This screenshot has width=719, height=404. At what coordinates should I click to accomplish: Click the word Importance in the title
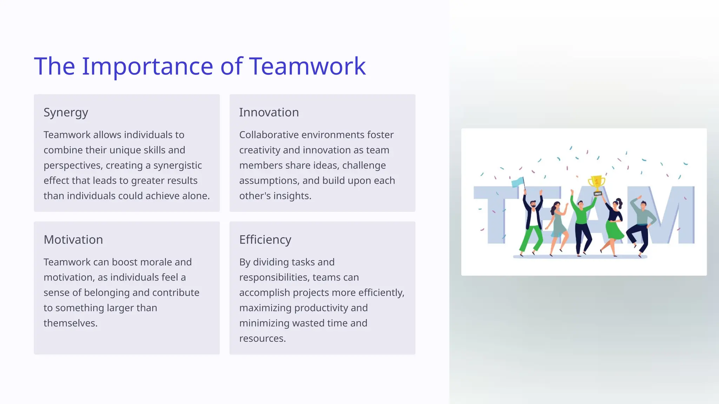tap(147, 66)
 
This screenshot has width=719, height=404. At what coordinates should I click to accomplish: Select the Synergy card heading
tap(66, 113)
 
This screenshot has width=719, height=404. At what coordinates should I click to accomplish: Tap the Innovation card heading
tap(269, 113)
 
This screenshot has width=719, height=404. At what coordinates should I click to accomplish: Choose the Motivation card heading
tap(73, 240)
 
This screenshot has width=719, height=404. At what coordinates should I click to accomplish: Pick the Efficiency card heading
tap(265, 240)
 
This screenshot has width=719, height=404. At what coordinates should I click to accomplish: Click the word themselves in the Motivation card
tap(70, 323)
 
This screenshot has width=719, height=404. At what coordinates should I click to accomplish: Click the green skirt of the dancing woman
tap(614, 230)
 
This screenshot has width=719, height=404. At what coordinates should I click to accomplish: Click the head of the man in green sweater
tap(580, 204)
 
